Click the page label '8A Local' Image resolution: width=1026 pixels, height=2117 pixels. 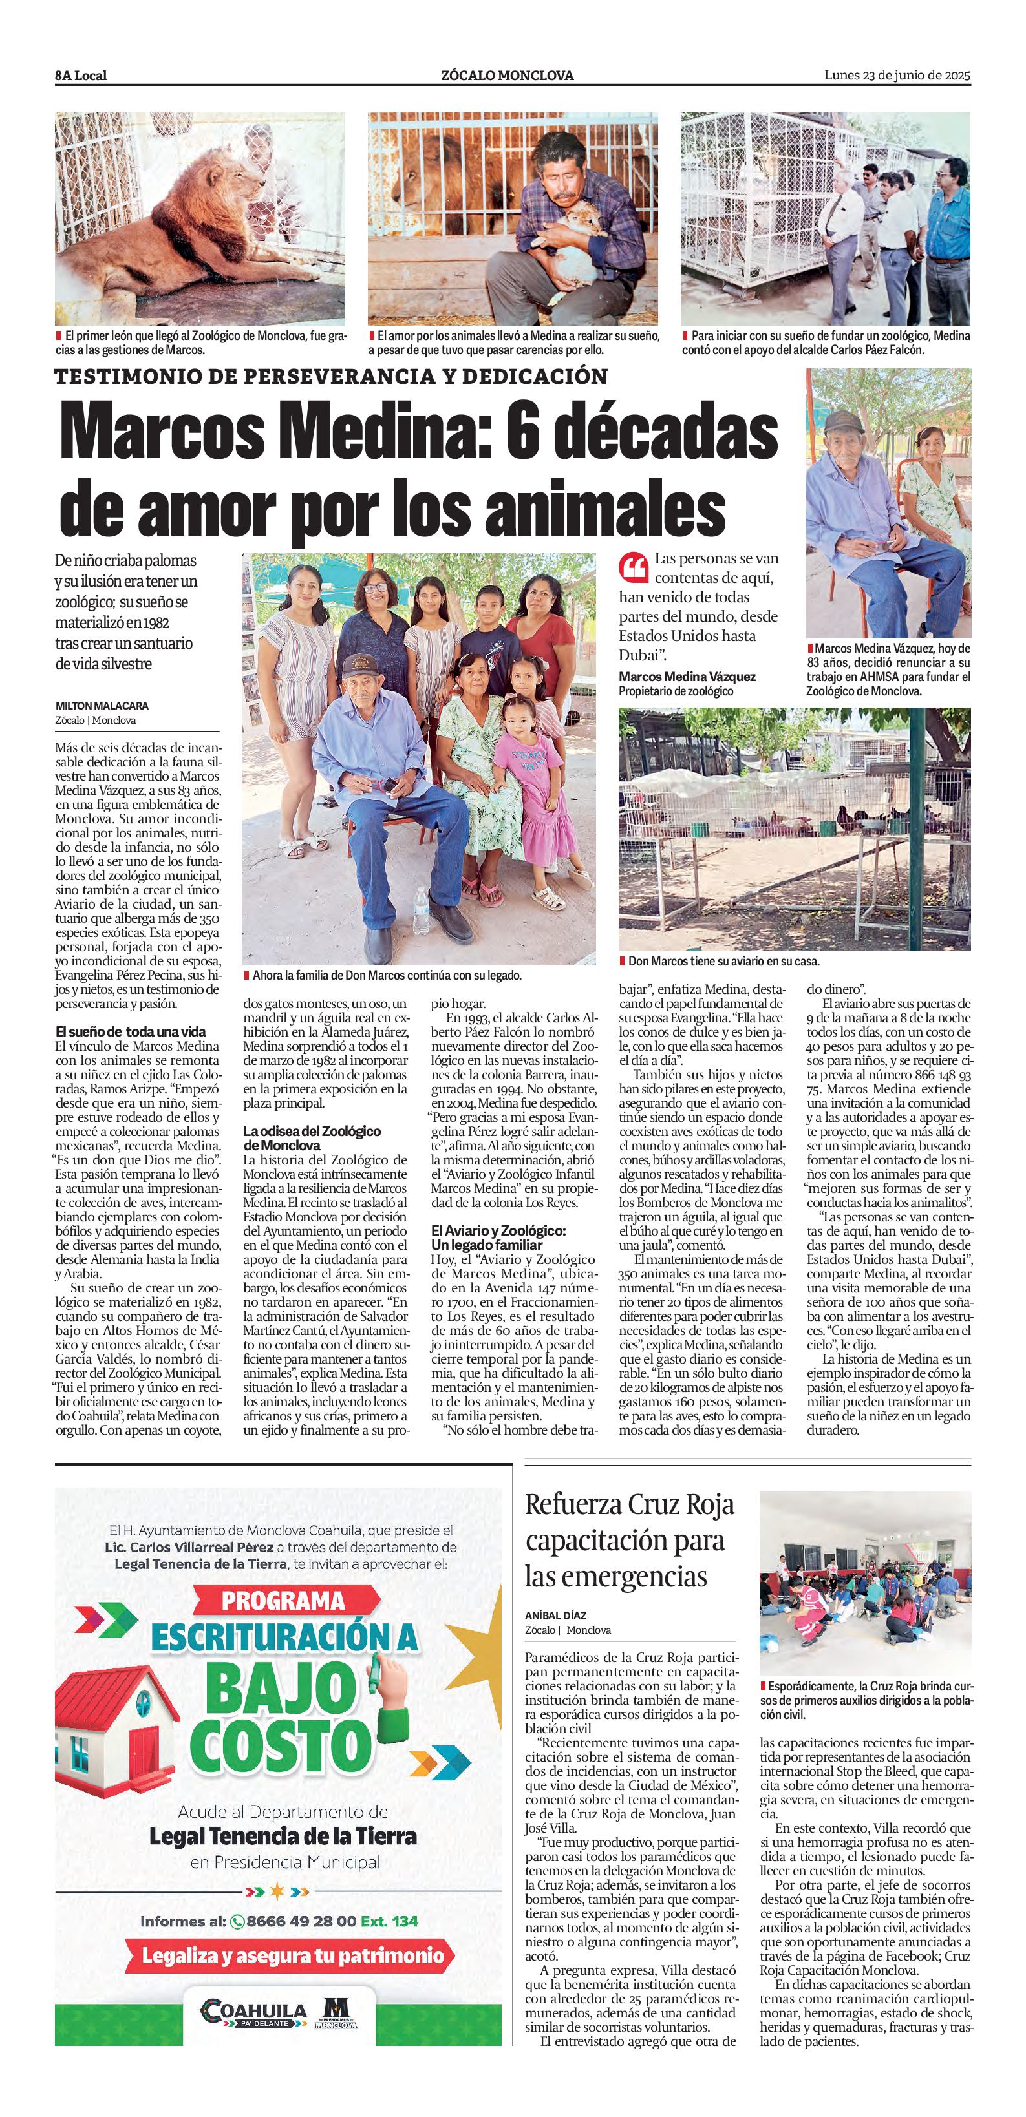(81, 76)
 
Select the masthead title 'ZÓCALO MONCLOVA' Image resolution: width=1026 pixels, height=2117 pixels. (508, 76)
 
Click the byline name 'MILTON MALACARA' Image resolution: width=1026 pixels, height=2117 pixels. (102, 706)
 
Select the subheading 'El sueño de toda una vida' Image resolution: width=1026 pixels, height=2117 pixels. (131, 1031)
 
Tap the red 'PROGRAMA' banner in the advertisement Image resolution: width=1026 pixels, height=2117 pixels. (282, 1601)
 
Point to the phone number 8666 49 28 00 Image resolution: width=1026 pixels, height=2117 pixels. (301, 1921)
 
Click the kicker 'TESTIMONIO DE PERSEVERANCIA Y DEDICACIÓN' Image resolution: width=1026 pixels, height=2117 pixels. (330, 376)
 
